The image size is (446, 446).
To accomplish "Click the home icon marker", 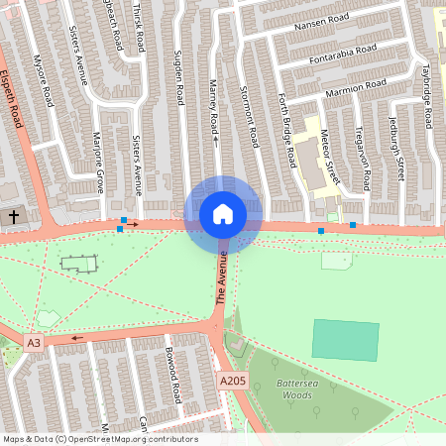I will coord(223,214).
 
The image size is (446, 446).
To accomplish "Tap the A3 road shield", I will coord(35,343).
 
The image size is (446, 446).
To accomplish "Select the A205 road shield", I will coord(232,381).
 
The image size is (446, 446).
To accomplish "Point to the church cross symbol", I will coord(14,215).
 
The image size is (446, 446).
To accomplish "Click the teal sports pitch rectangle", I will coord(345,340).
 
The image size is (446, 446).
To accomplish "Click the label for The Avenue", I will coord(223,279).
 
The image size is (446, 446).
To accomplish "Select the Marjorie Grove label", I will coord(98,160).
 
